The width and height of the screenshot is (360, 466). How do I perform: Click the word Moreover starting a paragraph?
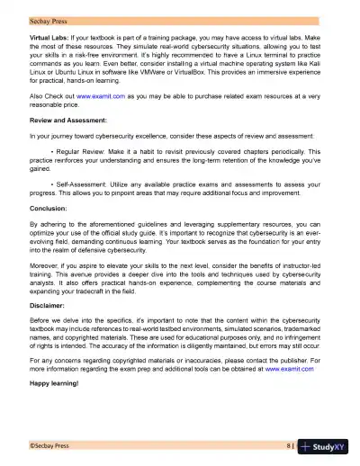tap(47, 266)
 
